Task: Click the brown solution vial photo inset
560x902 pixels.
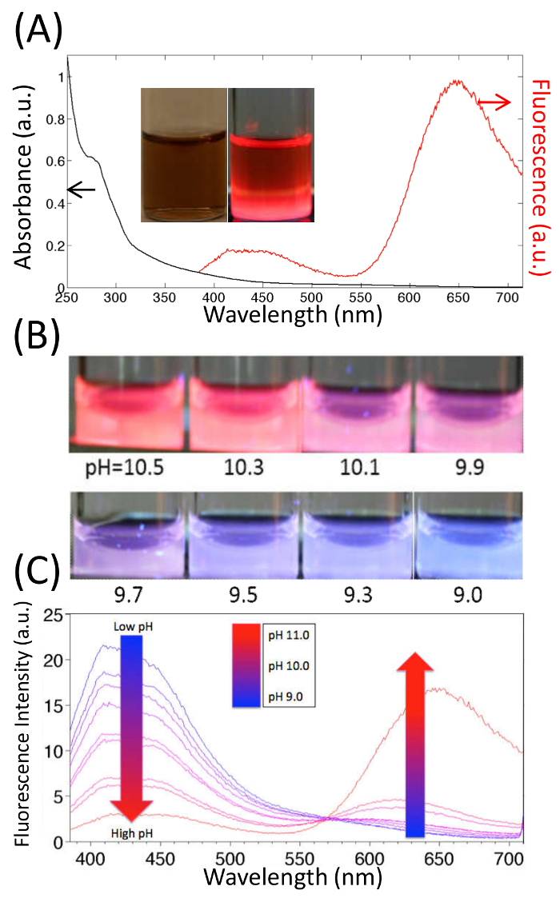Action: [184, 154]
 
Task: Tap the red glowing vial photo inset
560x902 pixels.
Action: [270, 154]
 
